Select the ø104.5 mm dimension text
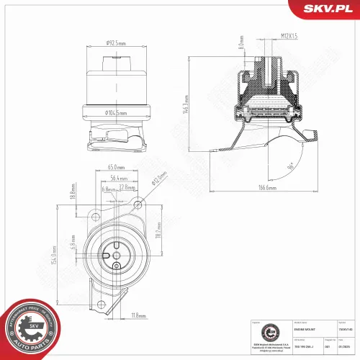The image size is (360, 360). (116, 112)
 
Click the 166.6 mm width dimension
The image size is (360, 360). (269, 189)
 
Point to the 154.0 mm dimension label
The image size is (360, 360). (53, 261)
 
